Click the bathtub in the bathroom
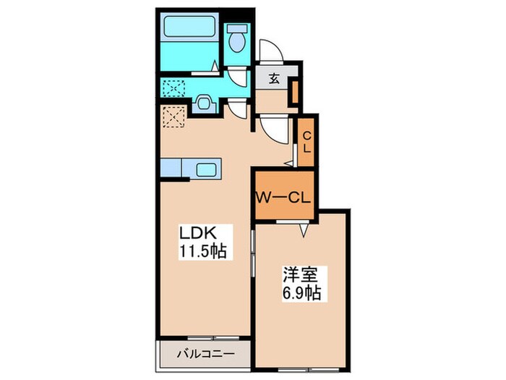click(189, 26)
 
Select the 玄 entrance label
click(274, 79)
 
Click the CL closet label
click(306, 143)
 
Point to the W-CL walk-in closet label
click(283, 197)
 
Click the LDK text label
click(197, 233)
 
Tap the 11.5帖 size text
click(202, 250)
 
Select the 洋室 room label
click(301, 275)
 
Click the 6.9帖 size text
click(301, 292)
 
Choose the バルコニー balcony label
click(205, 354)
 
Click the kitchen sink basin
click(206, 169)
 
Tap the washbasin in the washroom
click(204, 104)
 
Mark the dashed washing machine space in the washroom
click(174, 88)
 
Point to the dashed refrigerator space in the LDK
click(174, 117)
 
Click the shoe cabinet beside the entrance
click(295, 92)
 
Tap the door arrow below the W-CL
click(304, 230)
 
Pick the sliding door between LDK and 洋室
click(253, 253)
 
